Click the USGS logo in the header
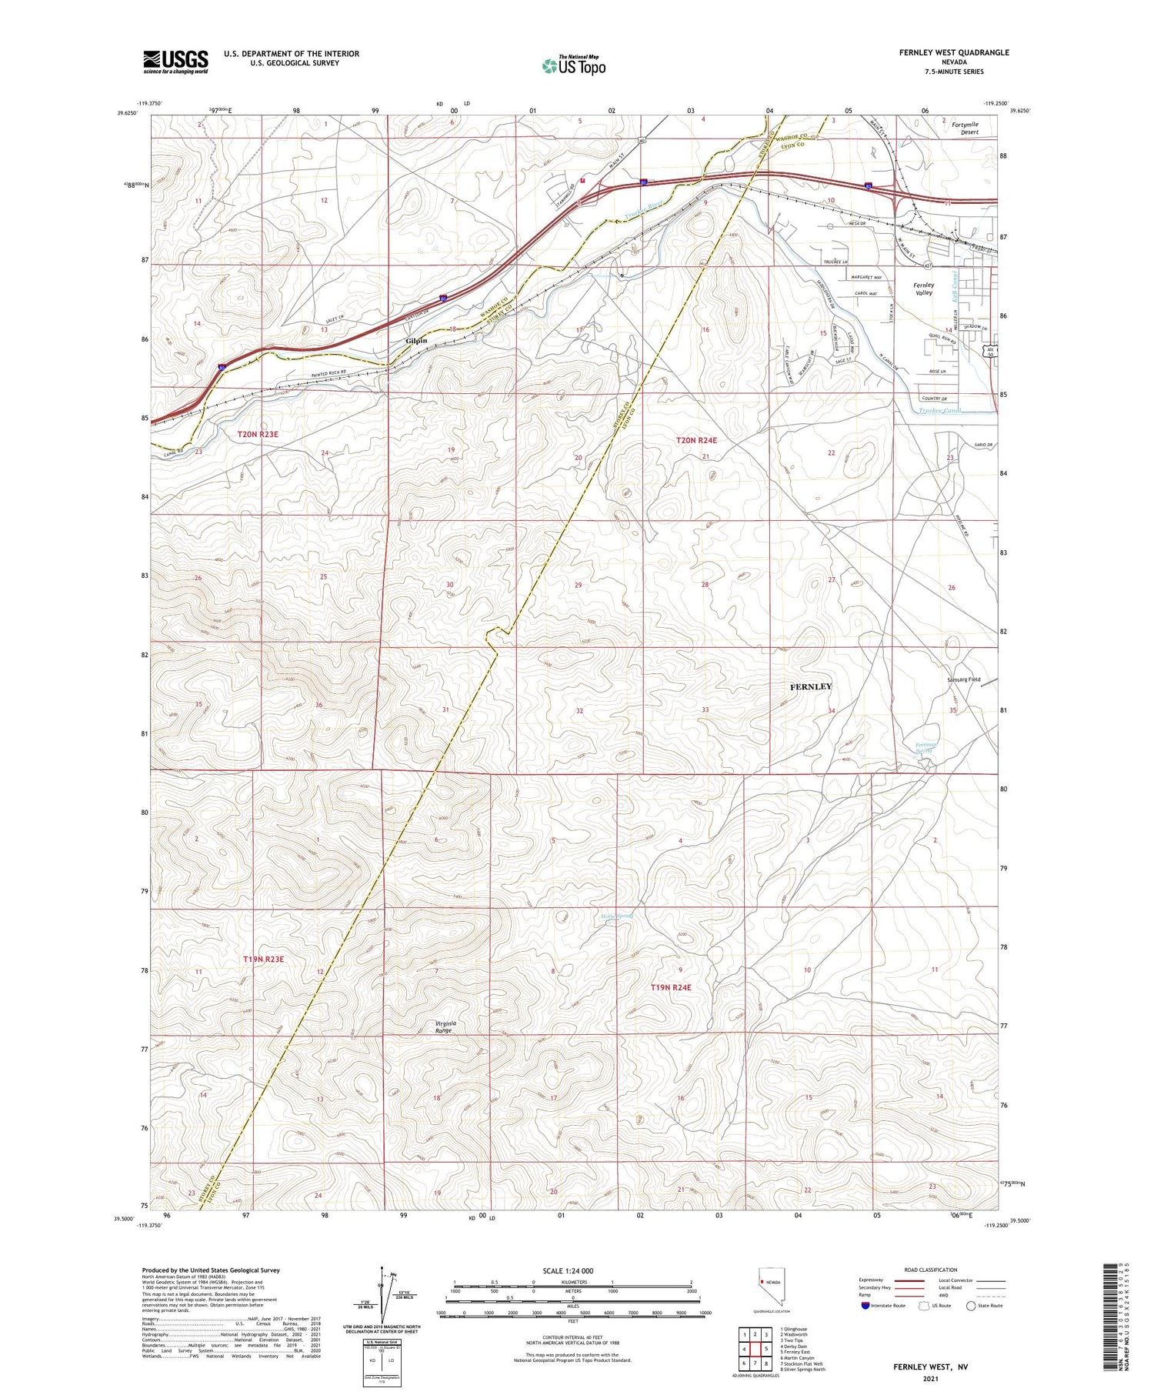(175, 62)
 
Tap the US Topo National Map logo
(574, 65)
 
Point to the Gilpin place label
(416, 341)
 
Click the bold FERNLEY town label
(811, 686)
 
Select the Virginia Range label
(445, 1026)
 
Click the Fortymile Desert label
(965, 128)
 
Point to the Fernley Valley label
(923, 289)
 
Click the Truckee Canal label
(940, 410)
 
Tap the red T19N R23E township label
(264, 959)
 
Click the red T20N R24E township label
(696, 440)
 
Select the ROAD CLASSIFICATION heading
(931, 1270)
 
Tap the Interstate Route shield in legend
(865, 1306)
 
